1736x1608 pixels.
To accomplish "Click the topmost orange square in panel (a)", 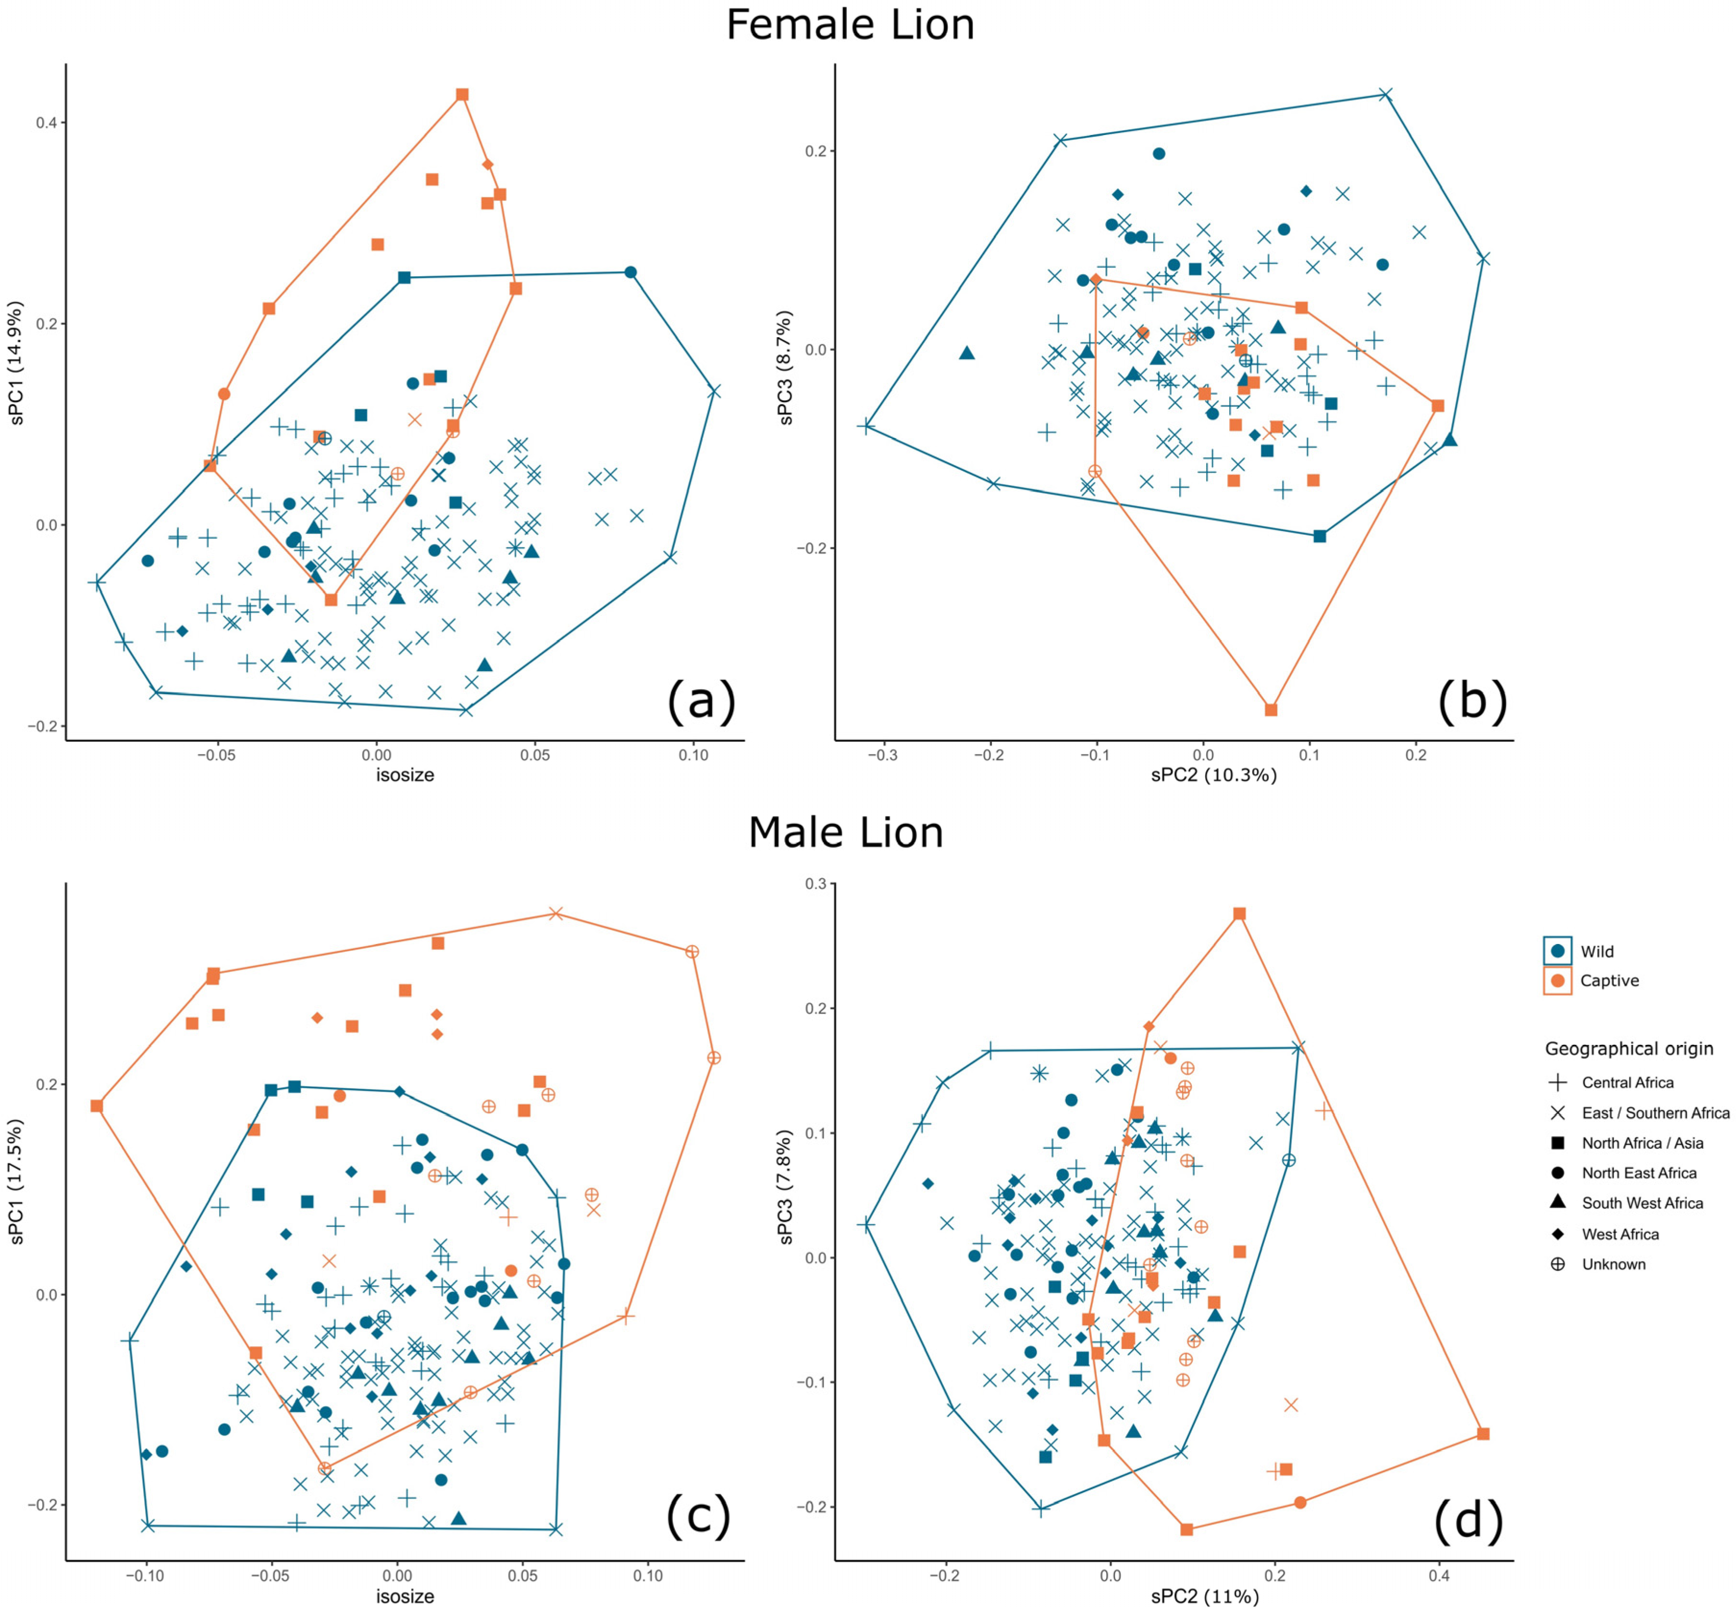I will (462, 95).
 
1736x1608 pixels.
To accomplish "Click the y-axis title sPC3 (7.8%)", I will (786, 1186).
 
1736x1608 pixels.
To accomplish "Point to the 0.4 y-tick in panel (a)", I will (45, 123).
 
